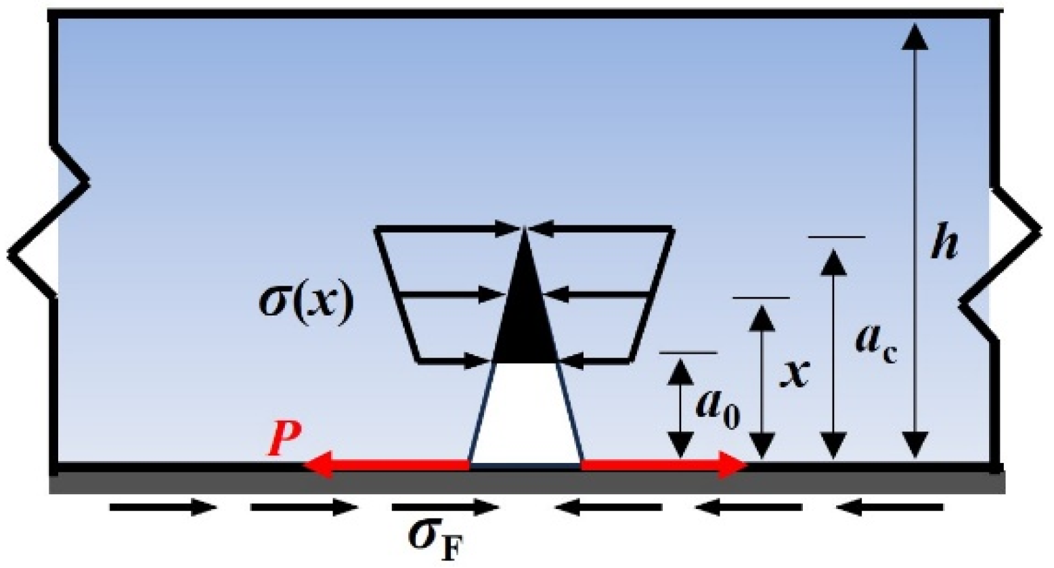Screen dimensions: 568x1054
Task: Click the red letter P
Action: [284, 439]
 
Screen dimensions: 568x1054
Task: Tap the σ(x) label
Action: [307, 305]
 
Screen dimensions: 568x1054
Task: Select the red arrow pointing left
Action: [386, 465]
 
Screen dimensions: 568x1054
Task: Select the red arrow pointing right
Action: [663, 465]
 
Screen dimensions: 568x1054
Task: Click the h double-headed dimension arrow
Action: [915, 240]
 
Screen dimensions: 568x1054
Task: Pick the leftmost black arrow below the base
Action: [162, 506]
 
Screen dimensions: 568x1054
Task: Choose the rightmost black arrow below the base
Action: [890, 506]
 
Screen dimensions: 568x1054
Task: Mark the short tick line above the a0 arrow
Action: [688, 353]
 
